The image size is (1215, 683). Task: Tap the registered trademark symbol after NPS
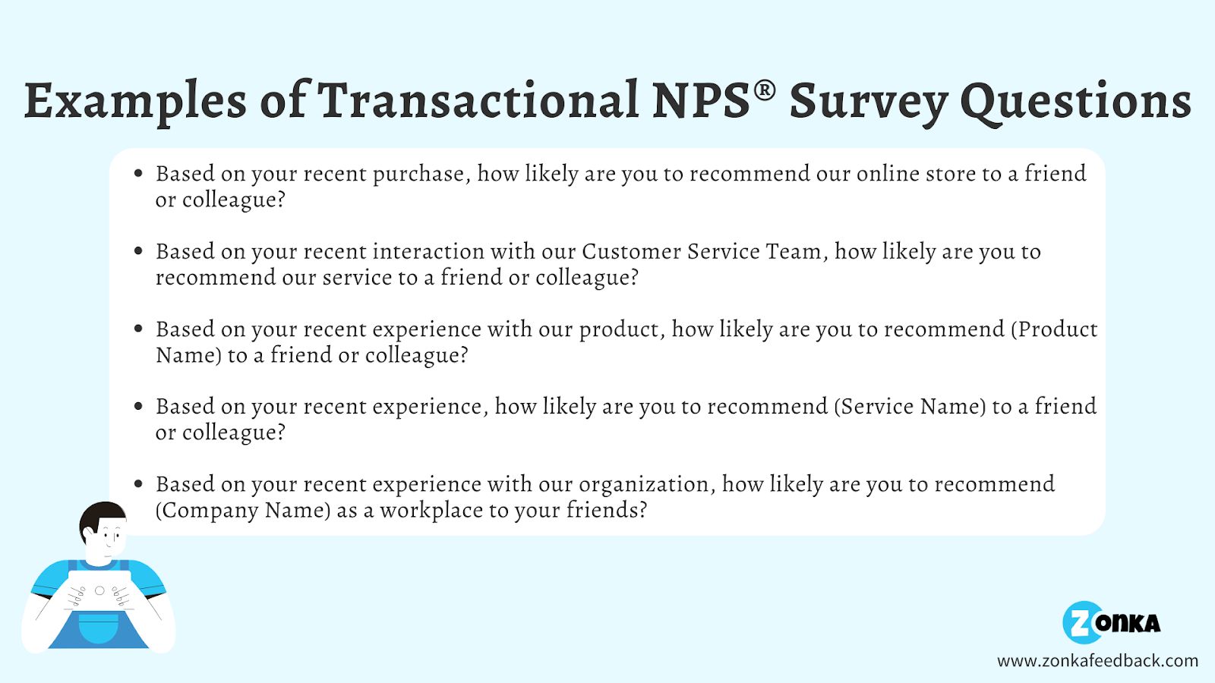pos(764,90)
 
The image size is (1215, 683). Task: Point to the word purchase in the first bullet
pos(418,174)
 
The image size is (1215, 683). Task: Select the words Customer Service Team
pos(702,251)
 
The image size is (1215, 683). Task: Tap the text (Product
pos(1053,329)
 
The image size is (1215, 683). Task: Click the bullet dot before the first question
pos(138,174)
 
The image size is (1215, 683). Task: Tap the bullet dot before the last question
pos(138,484)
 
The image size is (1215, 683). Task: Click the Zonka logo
pos(1111,623)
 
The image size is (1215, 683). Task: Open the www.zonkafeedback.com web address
pos(1097,661)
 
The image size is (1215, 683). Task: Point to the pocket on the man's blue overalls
pos(99,629)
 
